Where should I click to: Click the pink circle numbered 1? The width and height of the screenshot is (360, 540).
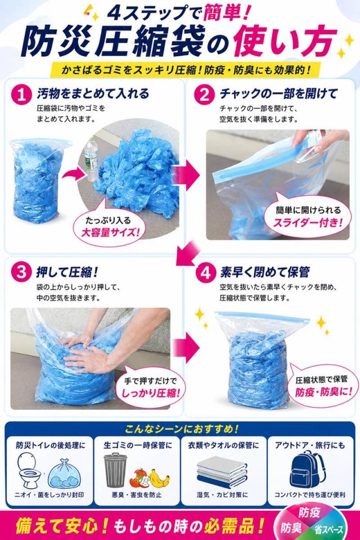(x=21, y=94)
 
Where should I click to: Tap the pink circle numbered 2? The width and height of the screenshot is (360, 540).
(x=205, y=94)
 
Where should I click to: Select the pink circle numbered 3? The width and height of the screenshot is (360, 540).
(x=21, y=273)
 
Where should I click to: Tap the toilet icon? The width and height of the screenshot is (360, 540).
(x=29, y=470)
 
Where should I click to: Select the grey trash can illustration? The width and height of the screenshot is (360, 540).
(x=115, y=470)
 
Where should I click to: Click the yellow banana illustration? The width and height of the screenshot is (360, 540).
(x=160, y=478)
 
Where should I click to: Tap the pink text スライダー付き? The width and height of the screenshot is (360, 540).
(x=308, y=223)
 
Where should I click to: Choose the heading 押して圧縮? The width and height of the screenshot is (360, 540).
(x=67, y=272)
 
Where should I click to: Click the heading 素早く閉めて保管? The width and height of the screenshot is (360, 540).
(x=265, y=273)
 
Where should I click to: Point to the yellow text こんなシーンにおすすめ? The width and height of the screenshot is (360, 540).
(x=182, y=429)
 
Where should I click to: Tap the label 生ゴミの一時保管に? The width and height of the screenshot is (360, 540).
(x=138, y=445)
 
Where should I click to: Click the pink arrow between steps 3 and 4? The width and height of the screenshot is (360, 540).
(x=186, y=347)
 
